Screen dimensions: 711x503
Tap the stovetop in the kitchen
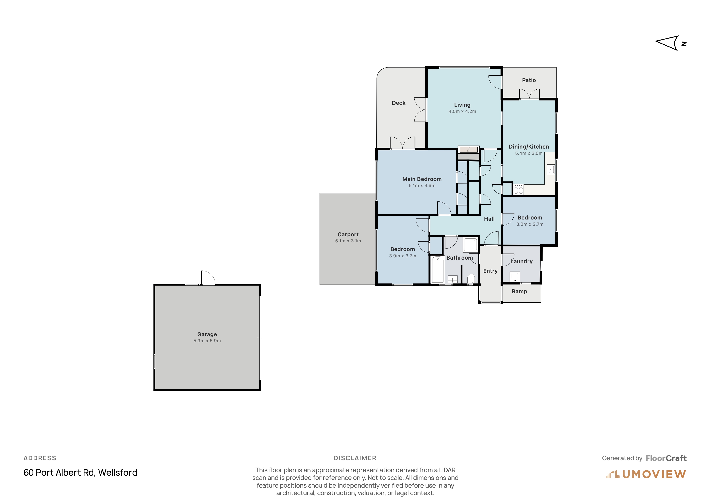518,190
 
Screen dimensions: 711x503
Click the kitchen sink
551,169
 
